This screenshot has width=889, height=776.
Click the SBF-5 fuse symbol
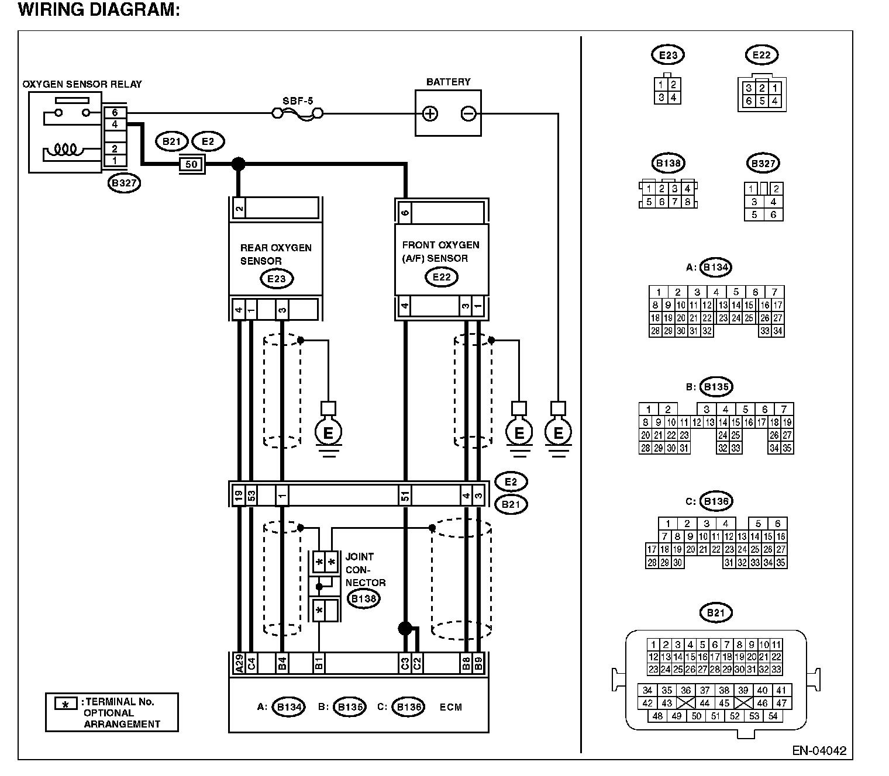pos(298,114)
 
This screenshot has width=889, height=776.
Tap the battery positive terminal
pos(430,114)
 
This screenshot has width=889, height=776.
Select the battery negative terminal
pos(468,114)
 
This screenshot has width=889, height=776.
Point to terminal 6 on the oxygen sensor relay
pos(115,113)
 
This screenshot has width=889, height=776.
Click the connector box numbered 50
pos(192,164)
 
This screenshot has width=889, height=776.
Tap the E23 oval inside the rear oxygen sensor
pos(277,279)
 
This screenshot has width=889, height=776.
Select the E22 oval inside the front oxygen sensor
pos(442,277)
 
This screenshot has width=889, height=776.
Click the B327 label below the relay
pos(124,183)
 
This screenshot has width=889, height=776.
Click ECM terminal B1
pos(319,663)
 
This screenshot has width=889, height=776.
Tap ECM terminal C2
pos(417,663)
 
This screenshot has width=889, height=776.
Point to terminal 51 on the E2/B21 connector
pos(405,495)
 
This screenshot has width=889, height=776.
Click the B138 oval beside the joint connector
pos(364,599)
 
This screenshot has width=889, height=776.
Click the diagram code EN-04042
pos(819,750)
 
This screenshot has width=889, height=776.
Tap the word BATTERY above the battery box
pos(449,82)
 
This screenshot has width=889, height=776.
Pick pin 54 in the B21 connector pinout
pos(773,716)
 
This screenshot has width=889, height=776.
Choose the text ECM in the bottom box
pos(450,707)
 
